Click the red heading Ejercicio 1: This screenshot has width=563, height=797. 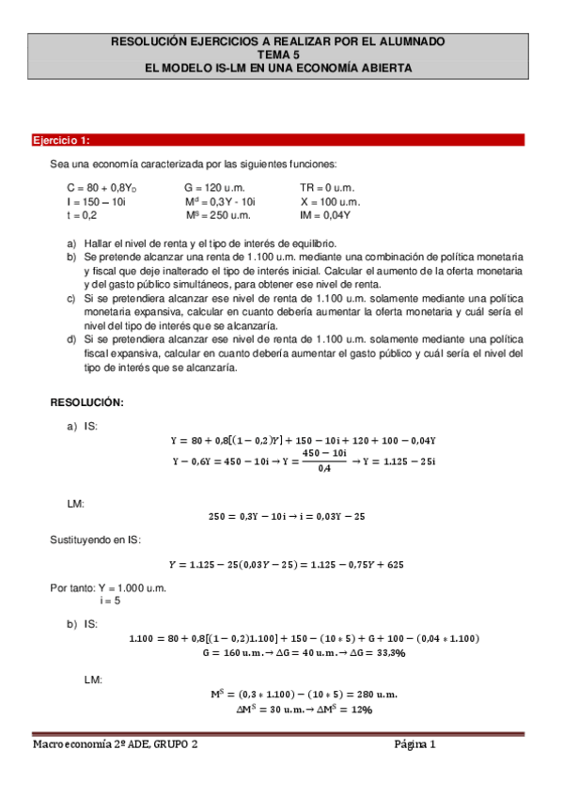pyautogui.click(x=61, y=141)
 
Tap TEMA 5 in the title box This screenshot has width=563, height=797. pyautogui.click(x=280, y=55)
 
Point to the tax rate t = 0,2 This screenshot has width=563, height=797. pyautogui.click(x=79, y=214)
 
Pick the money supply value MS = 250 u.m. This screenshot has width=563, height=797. pyautogui.click(x=217, y=214)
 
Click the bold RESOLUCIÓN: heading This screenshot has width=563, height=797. pyautogui.click(x=86, y=401)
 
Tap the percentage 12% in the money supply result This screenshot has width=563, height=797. pyautogui.click(x=361, y=710)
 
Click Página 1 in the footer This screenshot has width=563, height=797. pyautogui.click(x=415, y=744)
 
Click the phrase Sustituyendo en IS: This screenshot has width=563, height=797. pyautogui.click(x=94, y=539)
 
